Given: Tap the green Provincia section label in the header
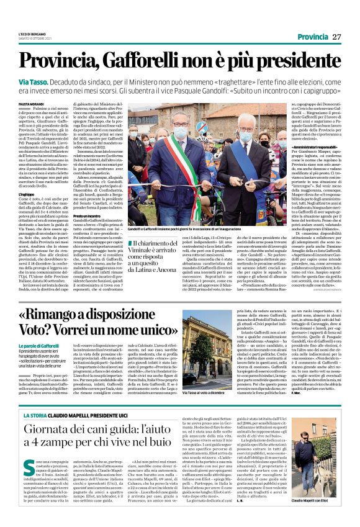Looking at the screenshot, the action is pyautogui.click(x=312, y=37).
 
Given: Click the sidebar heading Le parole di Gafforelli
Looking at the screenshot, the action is pyautogui.click(x=44, y=344).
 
